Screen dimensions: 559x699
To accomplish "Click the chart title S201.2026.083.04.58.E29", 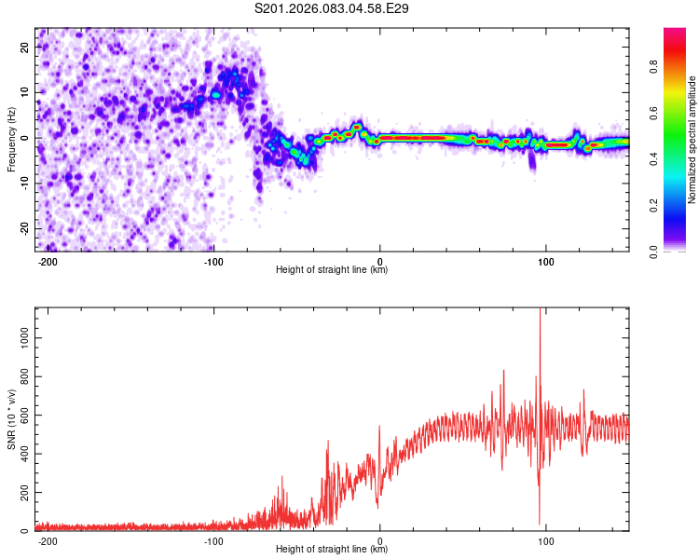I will pos(333,8).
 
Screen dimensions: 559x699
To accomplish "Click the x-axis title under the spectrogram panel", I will pos(332,270).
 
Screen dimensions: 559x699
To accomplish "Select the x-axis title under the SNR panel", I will pos(332,550).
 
